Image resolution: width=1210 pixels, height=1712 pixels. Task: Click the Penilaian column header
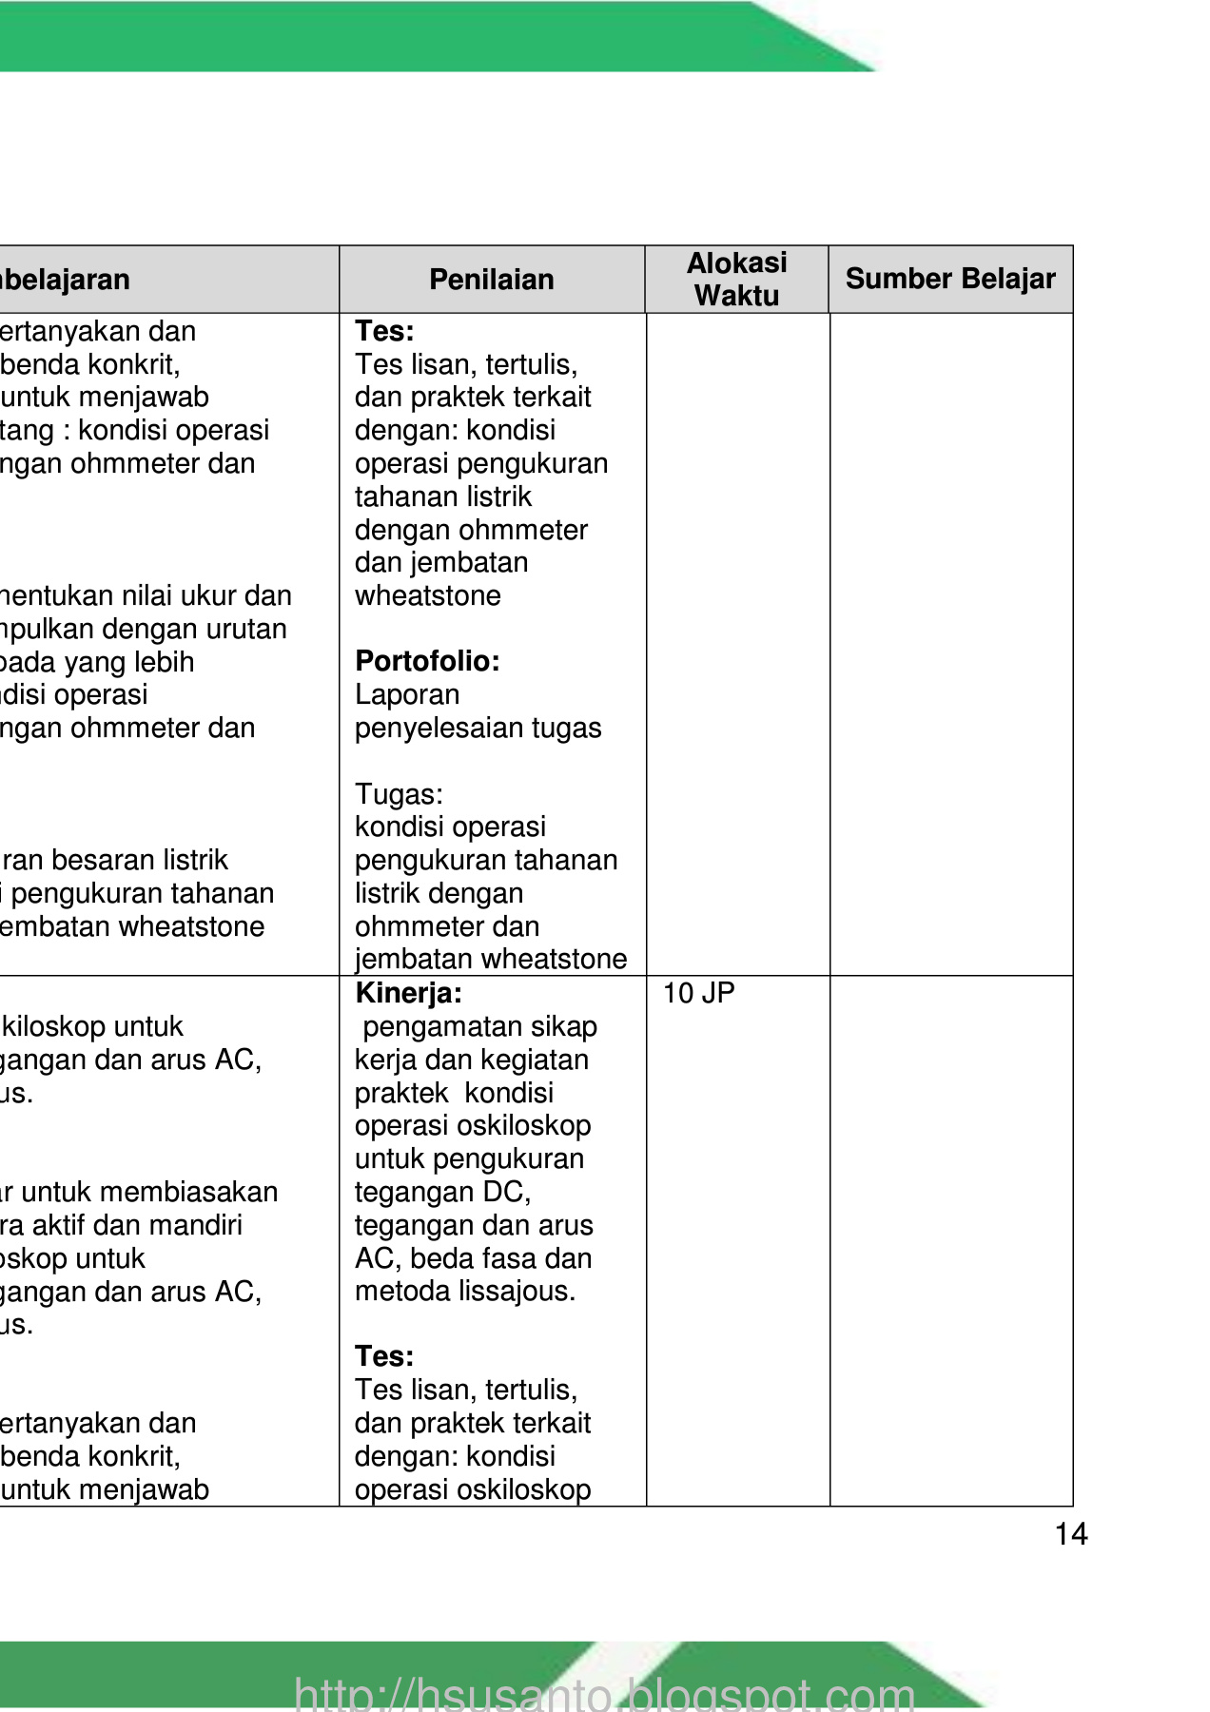tap(491, 280)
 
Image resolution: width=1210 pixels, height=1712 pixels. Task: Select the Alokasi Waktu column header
tap(737, 279)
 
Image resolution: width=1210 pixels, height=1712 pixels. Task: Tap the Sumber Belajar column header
tap(950, 279)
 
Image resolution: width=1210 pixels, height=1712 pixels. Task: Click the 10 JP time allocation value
tap(698, 994)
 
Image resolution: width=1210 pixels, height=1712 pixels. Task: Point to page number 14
tap(1071, 1534)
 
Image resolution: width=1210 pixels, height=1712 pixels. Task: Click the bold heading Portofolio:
tap(427, 661)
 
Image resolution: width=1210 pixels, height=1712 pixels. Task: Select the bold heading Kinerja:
tap(408, 994)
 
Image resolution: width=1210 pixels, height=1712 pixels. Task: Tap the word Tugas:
tap(399, 794)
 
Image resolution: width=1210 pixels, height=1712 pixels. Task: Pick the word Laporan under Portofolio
tap(407, 694)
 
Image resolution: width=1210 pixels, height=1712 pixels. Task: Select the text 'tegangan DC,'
tap(442, 1192)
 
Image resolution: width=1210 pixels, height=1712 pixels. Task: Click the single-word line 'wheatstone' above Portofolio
tap(428, 595)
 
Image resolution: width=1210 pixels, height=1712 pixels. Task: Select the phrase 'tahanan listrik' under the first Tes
tap(443, 496)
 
